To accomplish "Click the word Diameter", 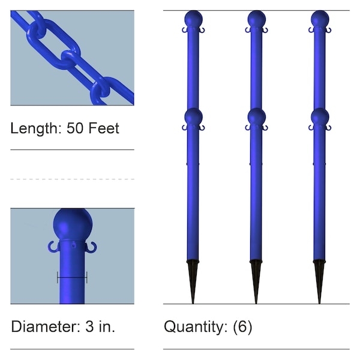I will (41, 327).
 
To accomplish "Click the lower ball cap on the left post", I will (193, 116).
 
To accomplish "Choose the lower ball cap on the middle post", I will (256, 116).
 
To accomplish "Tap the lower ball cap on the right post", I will (320, 116).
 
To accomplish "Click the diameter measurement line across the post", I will (72, 277).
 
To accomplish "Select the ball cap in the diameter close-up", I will (72, 225).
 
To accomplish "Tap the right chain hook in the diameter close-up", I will (92, 246).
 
